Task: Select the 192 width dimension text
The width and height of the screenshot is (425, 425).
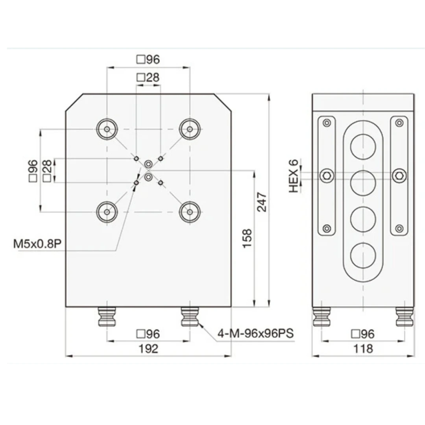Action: click(x=148, y=349)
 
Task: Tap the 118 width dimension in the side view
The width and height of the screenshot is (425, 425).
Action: click(x=363, y=349)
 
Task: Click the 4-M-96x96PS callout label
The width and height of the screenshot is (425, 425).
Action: click(x=256, y=334)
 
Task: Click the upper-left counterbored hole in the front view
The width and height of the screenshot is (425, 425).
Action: click(x=107, y=129)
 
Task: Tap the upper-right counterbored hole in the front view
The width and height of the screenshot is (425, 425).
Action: click(x=190, y=129)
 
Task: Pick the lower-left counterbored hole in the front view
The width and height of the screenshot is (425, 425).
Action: click(x=107, y=212)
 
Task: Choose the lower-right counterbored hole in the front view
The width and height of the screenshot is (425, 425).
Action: click(x=190, y=212)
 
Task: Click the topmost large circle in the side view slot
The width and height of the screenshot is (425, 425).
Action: click(x=363, y=146)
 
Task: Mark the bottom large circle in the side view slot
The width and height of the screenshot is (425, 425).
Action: click(x=363, y=256)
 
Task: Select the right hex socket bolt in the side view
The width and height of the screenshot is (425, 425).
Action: click(x=399, y=176)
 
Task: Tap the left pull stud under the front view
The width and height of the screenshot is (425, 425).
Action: click(x=107, y=317)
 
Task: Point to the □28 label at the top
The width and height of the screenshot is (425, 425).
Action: click(x=148, y=78)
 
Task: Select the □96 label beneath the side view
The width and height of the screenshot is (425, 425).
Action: click(x=363, y=334)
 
